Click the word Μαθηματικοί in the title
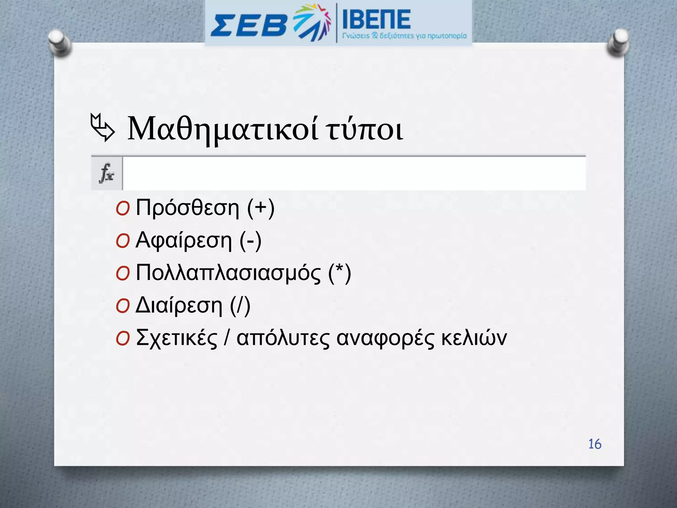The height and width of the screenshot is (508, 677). pyautogui.click(x=223, y=129)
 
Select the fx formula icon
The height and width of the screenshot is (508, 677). pyautogui.click(x=106, y=173)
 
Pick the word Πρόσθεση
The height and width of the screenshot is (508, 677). pyautogui.click(x=187, y=208)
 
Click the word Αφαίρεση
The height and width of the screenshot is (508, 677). pyautogui.click(x=184, y=241)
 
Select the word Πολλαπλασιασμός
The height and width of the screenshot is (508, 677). pyautogui.click(x=228, y=273)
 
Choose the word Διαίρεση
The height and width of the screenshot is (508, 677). pyautogui.click(x=179, y=306)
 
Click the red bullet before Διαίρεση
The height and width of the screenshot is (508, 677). pyautogui.click(x=123, y=307)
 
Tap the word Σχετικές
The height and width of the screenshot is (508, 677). pyautogui.click(x=177, y=338)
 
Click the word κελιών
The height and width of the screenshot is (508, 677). pyautogui.click(x=474, y=338)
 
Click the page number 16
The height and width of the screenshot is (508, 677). pyautogui.click(x=595, y=444)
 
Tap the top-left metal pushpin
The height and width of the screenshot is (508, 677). pyautogui.click(x=59, y=43)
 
